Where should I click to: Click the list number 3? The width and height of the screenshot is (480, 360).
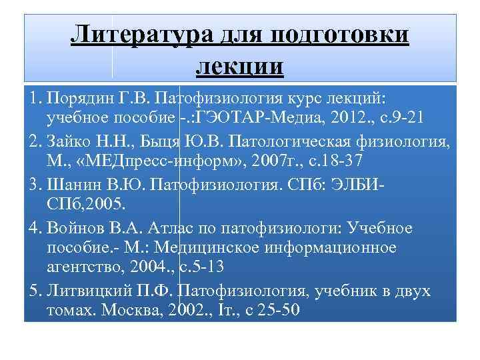click(33, 184)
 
